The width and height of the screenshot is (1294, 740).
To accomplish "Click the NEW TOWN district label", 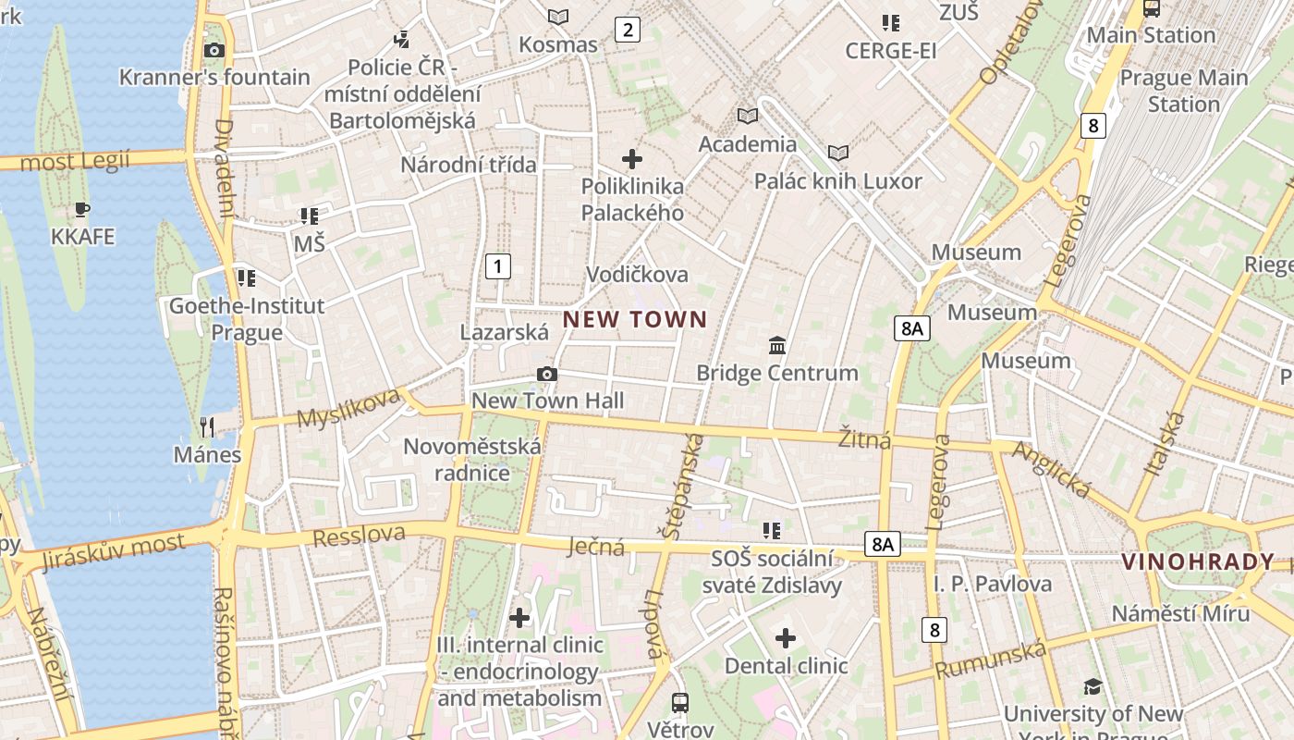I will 635,320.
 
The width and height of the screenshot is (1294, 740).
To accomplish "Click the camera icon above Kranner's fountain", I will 214,50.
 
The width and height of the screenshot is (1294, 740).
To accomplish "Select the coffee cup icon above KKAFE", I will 82,210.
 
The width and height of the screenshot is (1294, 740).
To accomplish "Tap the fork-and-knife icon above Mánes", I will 207,426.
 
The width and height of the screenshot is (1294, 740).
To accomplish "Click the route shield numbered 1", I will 498,267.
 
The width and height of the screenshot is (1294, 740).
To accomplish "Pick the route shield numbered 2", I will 628,30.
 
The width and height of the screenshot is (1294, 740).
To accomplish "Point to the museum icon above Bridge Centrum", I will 777,346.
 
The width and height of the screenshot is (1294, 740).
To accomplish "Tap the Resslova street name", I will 359,536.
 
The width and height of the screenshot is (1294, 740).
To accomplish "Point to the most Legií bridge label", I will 75,162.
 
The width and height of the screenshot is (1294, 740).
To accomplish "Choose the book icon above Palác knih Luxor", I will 838,153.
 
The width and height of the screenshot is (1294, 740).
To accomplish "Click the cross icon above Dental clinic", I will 786,638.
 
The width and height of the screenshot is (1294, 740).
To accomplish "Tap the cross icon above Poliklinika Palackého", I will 632,159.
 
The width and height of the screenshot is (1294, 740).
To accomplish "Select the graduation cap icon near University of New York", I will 1093,686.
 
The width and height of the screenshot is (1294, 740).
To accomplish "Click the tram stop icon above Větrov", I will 680,702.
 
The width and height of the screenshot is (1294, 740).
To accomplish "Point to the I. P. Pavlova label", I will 992,584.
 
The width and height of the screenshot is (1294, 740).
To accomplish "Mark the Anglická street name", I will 1053,469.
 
